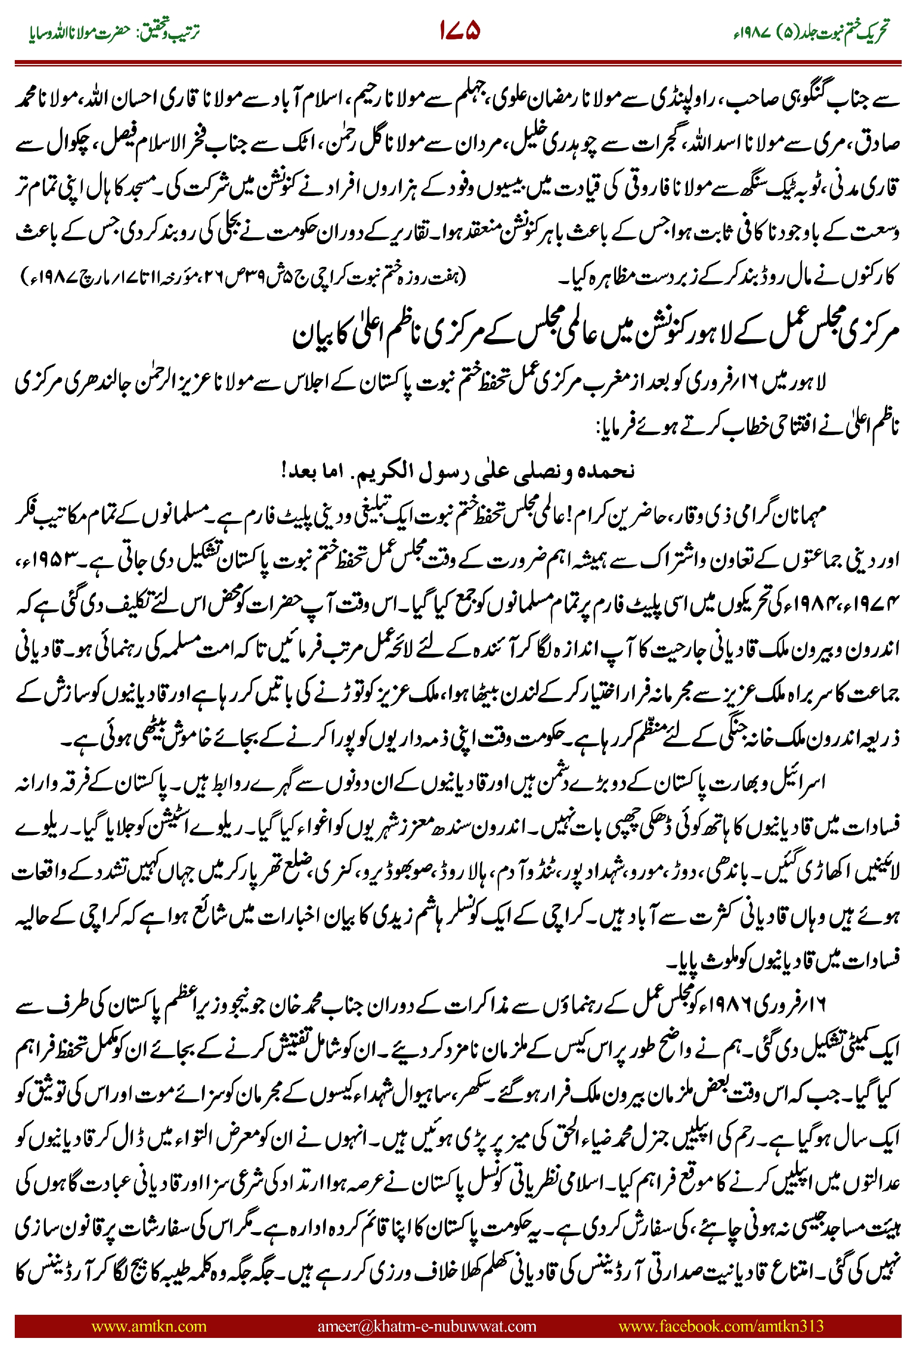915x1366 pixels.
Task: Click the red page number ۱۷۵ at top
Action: coord(460,31)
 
